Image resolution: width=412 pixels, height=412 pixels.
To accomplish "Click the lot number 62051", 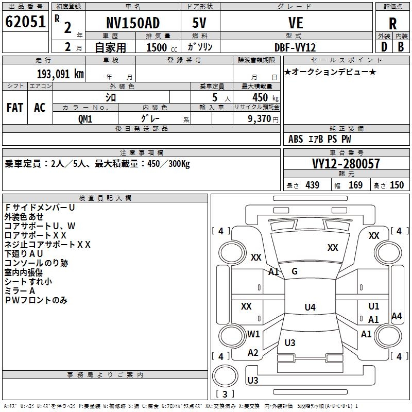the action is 25,23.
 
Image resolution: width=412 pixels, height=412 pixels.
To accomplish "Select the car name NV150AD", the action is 133,23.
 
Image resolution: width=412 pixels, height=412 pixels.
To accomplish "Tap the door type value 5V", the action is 200,23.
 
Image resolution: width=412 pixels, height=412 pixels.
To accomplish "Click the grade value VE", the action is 296,23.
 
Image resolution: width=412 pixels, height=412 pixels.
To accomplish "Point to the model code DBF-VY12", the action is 295,47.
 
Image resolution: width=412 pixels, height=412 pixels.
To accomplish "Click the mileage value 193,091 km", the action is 60,74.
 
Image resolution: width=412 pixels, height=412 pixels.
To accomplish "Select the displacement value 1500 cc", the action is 161,48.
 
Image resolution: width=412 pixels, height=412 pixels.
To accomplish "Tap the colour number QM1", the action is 85,118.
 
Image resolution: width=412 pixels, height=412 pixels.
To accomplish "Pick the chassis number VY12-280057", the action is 346,164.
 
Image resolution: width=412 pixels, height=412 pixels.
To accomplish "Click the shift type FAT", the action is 14,108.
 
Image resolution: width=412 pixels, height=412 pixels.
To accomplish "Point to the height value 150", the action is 397,185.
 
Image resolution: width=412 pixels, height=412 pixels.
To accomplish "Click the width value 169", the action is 355,185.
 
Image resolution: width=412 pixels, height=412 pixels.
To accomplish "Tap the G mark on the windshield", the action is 295,271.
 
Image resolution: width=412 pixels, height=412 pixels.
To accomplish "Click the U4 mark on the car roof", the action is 310,307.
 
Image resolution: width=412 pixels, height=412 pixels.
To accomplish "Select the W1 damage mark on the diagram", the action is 253,334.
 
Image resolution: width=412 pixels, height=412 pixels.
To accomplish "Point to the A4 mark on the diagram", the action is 397,316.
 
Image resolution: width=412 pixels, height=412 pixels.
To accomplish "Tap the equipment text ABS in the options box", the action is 296,139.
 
